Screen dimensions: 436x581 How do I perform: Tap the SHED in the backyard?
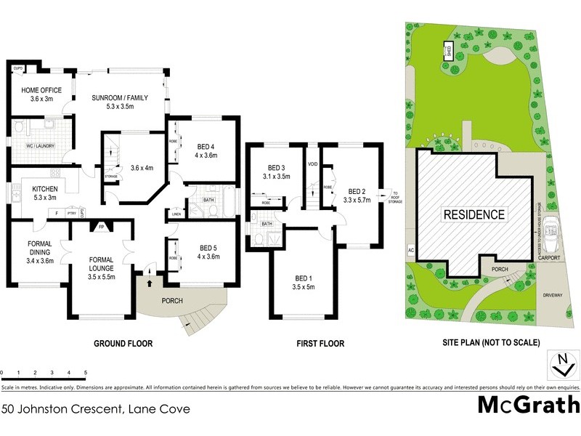(449, 51)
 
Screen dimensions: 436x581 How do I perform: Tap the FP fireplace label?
(100, 225)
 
